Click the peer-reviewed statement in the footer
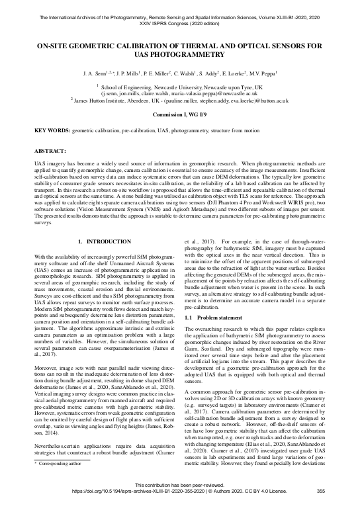(x=179, y=494)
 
